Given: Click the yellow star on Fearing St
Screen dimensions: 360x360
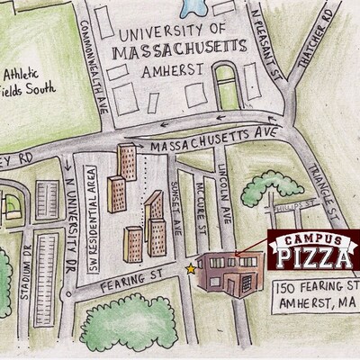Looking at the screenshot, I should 190,267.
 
